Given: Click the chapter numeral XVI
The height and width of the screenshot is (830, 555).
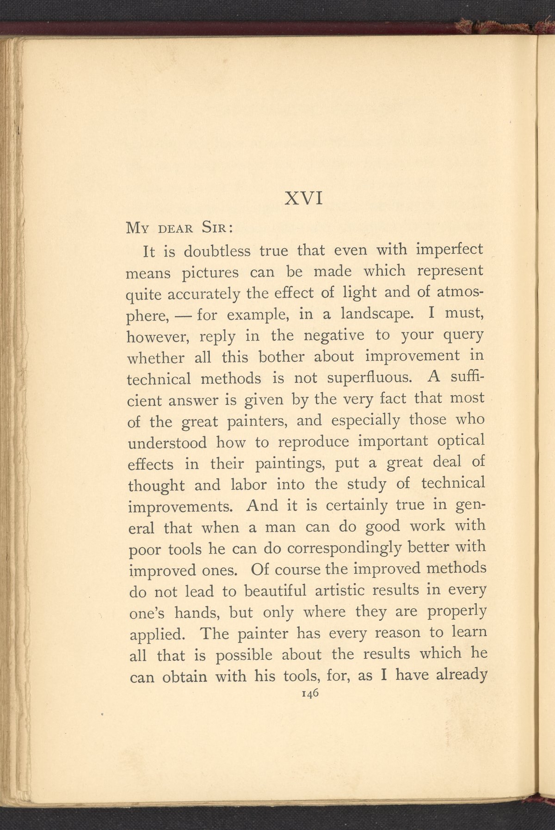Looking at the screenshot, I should tap(303, 199).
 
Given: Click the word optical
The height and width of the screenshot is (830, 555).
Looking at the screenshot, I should tap(460, 441).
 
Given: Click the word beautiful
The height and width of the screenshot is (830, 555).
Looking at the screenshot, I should tap(275, 591).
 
